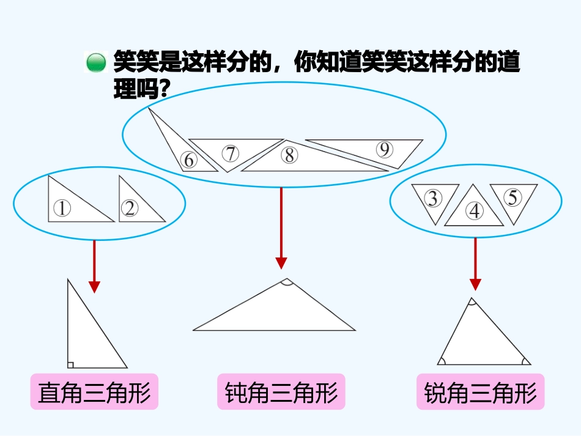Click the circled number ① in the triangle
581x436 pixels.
pos(62,209)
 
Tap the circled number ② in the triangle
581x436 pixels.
pos(130,209)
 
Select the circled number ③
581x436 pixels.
pos(433,199)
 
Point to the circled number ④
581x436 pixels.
pos(475,212)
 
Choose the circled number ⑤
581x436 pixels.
pos(513,198)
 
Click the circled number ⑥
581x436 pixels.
pos(189,160)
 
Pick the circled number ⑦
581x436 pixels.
pos(230,153)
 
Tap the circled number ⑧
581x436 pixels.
pos(289,155)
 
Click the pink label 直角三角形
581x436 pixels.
pos(94,392)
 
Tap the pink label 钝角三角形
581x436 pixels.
pos(281,392)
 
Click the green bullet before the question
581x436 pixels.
pos(95,63)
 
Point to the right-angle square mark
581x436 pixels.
pos(70,365)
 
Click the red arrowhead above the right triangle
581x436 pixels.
pos(94,286)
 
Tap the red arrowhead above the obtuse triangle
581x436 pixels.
pos(281,263)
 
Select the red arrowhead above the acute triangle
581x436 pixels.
pos(475,284)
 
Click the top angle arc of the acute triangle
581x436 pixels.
pos(471,301)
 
